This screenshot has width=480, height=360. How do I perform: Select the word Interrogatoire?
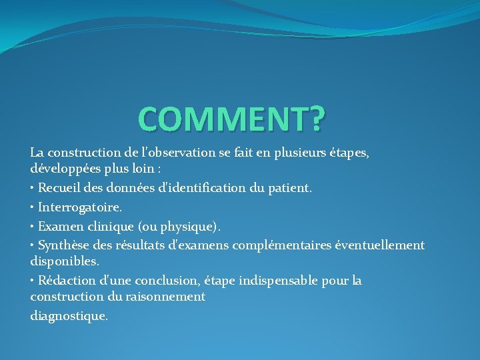79,208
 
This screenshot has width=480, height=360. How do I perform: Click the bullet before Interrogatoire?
33,208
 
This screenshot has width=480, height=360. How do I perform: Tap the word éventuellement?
379,245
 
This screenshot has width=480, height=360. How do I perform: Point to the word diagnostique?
68,315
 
